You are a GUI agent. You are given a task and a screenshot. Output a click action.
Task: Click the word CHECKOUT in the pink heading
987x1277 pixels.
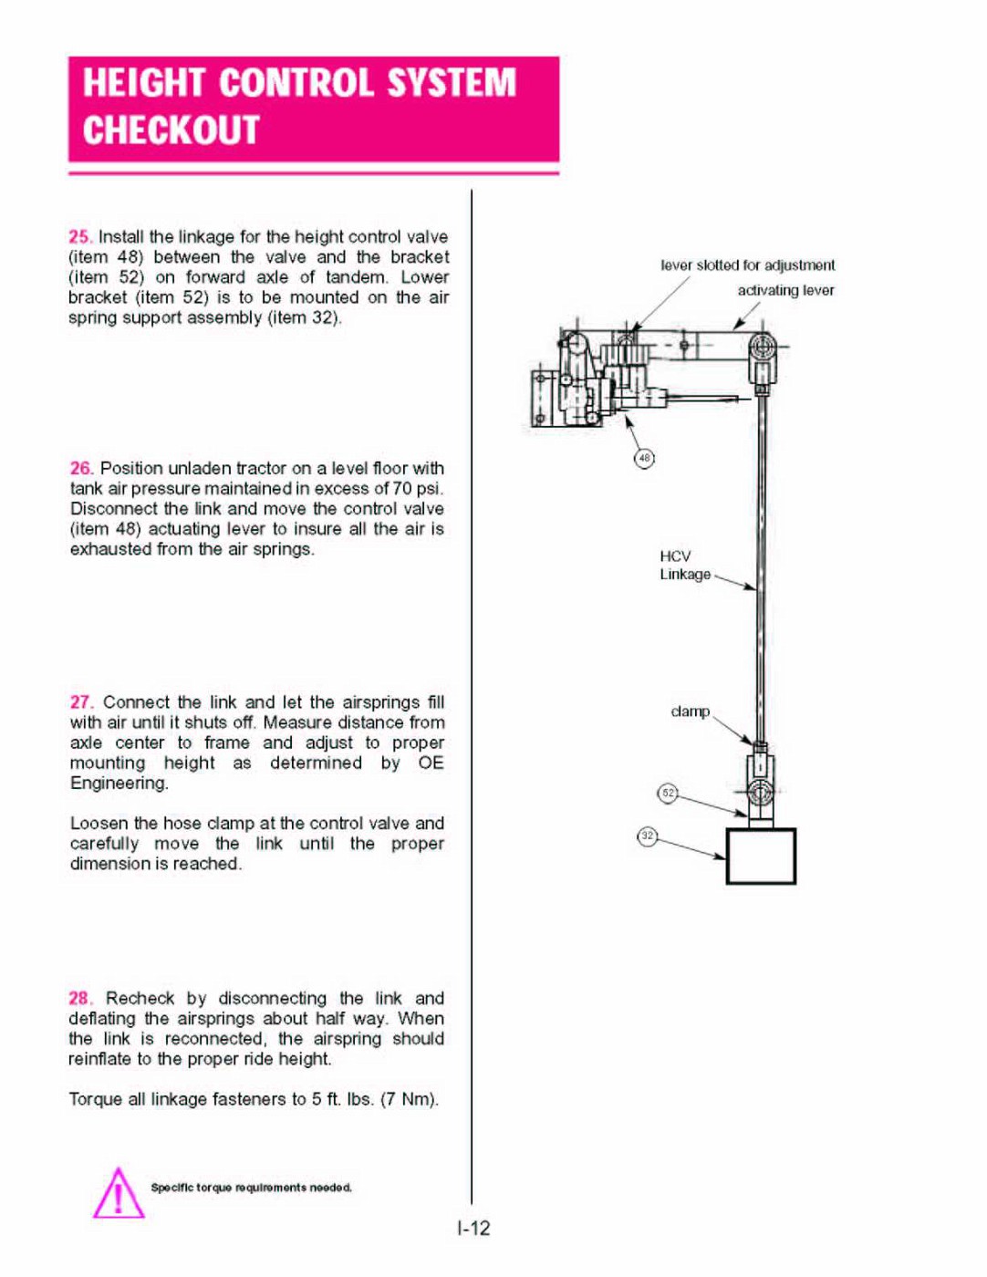171,130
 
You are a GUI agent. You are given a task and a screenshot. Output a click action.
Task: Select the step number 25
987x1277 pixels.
79,237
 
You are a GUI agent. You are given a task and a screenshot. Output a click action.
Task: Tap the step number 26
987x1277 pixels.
81,468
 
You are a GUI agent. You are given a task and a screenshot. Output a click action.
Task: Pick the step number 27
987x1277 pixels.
81,702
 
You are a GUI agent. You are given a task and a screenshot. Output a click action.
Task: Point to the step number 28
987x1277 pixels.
80,999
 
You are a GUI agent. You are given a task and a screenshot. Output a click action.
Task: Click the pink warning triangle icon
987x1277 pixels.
118,1194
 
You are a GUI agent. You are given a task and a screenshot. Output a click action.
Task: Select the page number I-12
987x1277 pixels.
474,1229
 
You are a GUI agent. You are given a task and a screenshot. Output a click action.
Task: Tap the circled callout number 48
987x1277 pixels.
645,458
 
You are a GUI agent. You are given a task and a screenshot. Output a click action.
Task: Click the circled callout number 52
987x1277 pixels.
669,793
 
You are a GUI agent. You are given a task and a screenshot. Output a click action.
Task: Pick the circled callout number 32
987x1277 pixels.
648,836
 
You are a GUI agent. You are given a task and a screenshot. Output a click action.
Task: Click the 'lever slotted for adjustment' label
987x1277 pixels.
748,265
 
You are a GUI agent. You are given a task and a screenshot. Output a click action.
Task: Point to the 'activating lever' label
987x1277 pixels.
786,290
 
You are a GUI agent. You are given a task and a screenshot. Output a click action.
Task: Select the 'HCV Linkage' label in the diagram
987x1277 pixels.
684,566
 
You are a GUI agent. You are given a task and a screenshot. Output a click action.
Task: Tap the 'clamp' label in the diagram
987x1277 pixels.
691,711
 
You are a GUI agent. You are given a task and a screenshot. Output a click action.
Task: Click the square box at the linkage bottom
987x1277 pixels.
761,856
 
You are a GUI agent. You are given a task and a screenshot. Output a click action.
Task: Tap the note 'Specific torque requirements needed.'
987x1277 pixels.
251,1188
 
